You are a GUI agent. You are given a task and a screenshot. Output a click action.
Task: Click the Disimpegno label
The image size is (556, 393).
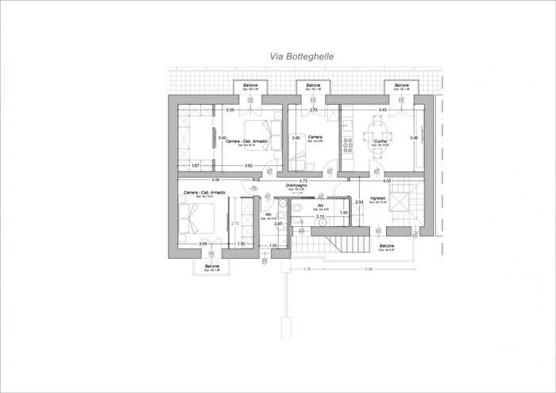[297, 185]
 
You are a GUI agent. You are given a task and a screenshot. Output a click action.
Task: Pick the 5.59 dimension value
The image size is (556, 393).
[230, 110]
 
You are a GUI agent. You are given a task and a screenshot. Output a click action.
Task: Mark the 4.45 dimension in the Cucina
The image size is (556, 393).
[382, 110]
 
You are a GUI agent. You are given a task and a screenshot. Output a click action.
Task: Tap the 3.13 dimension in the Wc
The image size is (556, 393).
[320, 216]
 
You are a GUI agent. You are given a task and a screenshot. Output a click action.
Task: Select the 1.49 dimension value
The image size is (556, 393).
[344, 212]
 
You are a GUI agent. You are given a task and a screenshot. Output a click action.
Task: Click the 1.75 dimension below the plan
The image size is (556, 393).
[307, 269]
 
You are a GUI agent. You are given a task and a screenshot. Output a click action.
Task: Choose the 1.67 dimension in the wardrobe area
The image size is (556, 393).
[195, 165]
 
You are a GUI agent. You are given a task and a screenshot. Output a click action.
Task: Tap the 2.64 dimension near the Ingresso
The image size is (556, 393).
[359, 202]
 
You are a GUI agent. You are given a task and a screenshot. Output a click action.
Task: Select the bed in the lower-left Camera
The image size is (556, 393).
[193, 222]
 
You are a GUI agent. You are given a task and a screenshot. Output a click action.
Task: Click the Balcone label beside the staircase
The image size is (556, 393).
[387, 246]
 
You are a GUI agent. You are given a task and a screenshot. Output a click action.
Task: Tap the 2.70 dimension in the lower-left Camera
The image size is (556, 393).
[234, 223]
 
